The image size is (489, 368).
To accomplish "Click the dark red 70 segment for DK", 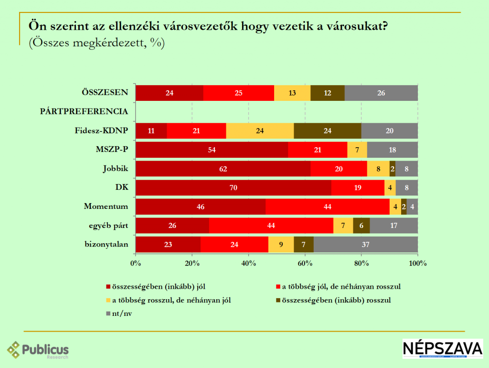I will pos(233,187).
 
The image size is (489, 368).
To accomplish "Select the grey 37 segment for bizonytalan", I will pos(366,244).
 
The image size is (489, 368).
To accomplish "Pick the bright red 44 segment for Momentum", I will pos(328,206).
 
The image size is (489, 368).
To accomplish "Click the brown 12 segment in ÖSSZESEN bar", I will pos(327,93).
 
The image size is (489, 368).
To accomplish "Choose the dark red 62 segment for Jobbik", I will pos(223,168).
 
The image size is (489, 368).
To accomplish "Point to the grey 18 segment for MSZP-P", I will pos(393,150).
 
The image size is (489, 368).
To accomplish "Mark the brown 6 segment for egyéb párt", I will pos(361,225).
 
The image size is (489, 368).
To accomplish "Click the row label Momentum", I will pos(106,206).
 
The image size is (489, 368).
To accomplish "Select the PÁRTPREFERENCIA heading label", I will pos(84,111).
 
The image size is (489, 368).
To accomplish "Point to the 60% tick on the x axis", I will pos(305,263).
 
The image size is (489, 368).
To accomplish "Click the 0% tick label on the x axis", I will pos(136,263).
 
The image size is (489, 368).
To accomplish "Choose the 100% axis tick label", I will pos(417,263).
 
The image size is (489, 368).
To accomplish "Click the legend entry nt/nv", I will pos(120,314).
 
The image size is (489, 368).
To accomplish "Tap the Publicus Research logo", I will pos(38,350).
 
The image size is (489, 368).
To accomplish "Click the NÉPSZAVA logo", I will pos(443,349).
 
